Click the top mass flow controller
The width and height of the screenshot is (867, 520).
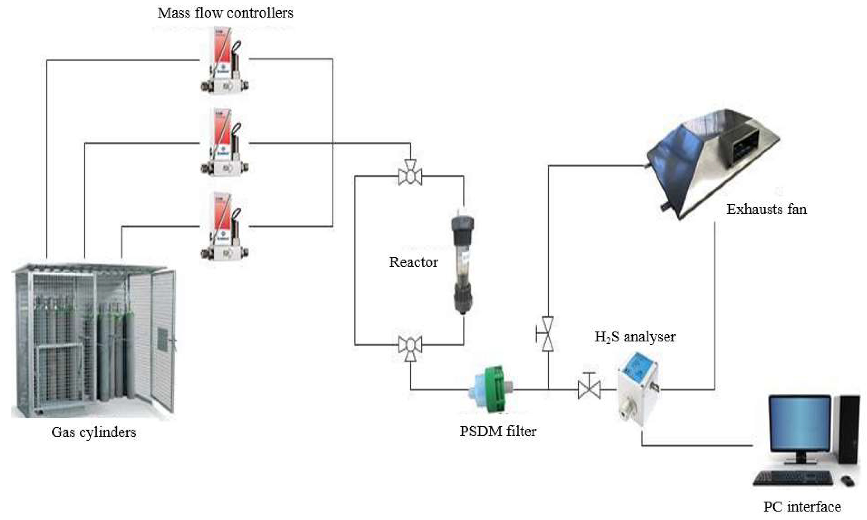[x=224, y=61]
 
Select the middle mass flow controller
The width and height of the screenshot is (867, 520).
[x=224, y=142]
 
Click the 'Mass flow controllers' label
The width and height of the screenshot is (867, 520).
[x=225, y=13]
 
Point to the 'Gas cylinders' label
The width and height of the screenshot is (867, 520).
[x=94, y=432]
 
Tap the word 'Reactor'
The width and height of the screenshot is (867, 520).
[x=413, y=262]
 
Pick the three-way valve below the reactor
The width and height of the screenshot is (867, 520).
[x=410, y=346]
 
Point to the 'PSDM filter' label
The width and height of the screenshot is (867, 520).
[x=498, y=431]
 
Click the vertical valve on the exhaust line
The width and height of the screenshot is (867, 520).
[x=547, y=334]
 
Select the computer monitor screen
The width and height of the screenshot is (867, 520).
[x=799, y=425]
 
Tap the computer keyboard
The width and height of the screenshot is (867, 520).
[x=794, y=478]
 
